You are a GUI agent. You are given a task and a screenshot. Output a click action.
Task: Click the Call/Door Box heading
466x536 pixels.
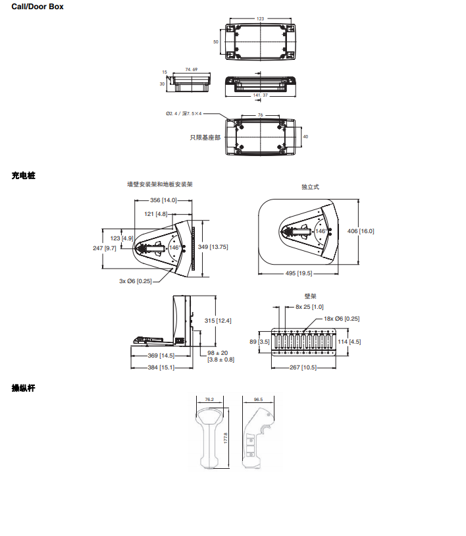coord(38,6)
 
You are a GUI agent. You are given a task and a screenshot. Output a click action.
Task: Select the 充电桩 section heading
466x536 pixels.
coord(23,176)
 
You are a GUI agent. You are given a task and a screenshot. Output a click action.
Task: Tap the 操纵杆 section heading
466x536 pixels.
coord(23,388)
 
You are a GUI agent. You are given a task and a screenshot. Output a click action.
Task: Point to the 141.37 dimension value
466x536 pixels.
coord(261,95)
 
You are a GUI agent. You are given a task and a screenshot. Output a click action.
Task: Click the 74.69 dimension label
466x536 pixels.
coord(192,69)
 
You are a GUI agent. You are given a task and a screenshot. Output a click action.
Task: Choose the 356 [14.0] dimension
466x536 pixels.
coord(163,200)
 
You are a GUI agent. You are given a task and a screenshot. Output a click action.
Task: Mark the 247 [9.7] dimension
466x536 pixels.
coord(105,248)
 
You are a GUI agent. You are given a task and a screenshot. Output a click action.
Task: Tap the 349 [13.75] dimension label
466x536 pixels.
coord(213,246)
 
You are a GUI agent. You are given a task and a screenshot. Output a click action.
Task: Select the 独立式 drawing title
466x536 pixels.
coord(310,187)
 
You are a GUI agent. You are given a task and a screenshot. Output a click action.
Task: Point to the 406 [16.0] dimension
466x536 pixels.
coord(360,231)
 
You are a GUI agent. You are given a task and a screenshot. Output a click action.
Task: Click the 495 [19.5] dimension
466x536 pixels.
coord(299,273)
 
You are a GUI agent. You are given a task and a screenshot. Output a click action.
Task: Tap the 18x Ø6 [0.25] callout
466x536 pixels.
coord(342,319)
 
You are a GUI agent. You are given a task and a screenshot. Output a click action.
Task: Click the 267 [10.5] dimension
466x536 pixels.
coord(303,367)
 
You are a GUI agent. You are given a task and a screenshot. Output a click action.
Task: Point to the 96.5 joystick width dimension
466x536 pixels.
coord(258,399)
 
